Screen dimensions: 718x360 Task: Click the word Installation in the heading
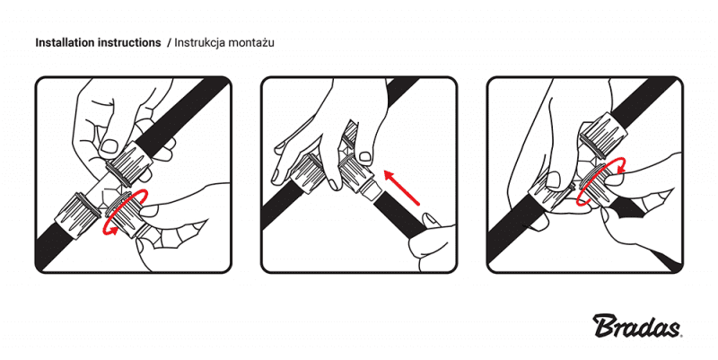coord(65,42)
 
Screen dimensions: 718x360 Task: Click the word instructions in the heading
coord(128,42)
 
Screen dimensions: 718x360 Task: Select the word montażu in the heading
coord(250,42)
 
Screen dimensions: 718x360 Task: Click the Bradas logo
coord(637,326)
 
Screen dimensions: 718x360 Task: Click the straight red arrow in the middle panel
coord(401,188)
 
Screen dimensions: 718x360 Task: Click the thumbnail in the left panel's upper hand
coord(109,146)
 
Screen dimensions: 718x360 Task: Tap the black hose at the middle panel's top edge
coord(399,88)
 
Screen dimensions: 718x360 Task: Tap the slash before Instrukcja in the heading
coord(169,42)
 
